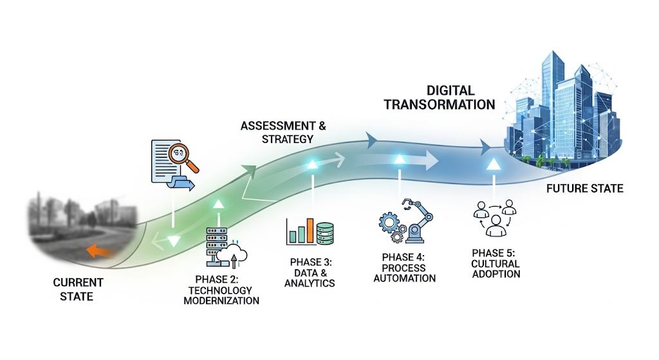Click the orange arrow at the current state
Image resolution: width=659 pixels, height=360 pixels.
point(98,251)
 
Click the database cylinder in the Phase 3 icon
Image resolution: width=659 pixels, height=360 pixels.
point(326,232)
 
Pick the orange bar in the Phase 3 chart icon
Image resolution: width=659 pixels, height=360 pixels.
point(310,231)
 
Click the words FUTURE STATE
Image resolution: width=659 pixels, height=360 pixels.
point(584,189)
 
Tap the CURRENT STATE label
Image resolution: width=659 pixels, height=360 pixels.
point(78,289)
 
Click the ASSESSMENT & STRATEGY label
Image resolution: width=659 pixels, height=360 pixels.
point(278,131)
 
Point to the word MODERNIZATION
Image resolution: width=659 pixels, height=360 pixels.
point(221,301)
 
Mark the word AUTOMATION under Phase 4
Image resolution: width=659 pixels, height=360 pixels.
point(404,278)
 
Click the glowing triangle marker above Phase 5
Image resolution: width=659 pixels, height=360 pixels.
point(494,165)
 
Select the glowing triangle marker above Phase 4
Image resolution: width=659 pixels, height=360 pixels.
point(400,158)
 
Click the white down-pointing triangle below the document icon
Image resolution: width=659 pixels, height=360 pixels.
point(174,242)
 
